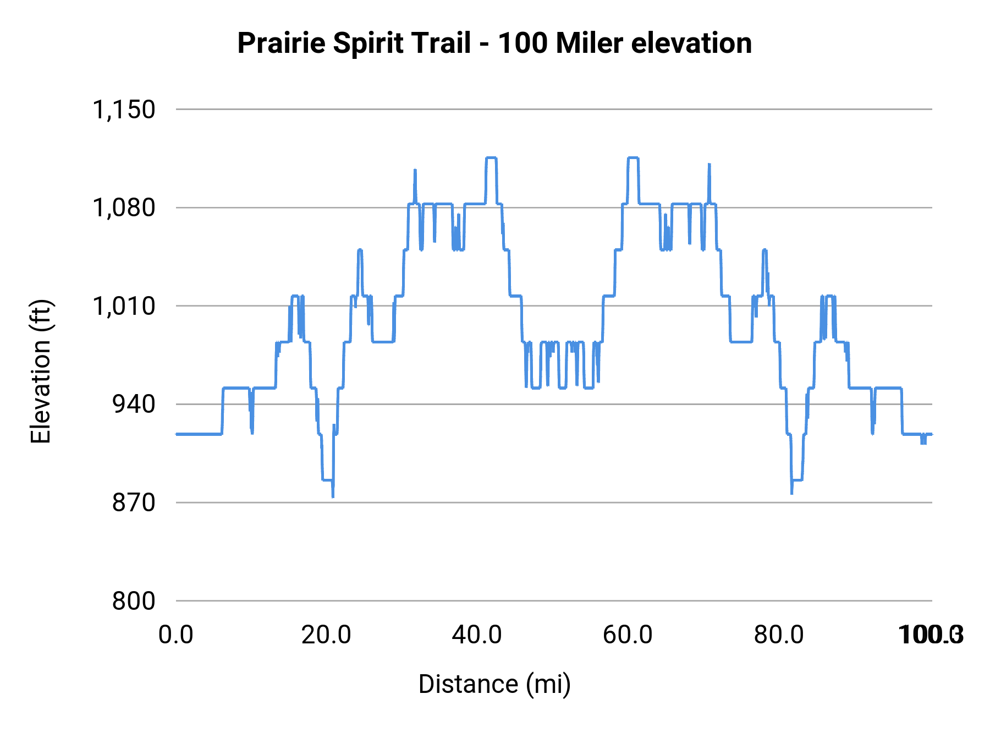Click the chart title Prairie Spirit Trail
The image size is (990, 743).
[x=354, y=43]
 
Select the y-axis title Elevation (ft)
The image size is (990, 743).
[x=40, y=371]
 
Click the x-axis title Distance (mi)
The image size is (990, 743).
[x=494, y=684]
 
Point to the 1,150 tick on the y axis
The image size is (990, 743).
[x=124, y=110]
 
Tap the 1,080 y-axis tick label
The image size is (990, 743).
[x=124, y=208]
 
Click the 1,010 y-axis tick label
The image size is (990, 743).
[x=124, y=306]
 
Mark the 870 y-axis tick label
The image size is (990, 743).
[x=134, y=502]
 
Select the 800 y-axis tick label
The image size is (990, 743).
[x=134, y=601]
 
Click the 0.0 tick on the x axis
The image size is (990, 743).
[x=176, y=635]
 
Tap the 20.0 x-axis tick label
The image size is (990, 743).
[x=326, y=635]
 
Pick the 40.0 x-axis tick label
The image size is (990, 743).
[x=477, y=635]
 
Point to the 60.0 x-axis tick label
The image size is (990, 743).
[x=628, y=635]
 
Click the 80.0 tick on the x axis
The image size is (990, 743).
[x=778, y=635]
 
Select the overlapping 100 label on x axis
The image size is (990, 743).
[x=930, y=635]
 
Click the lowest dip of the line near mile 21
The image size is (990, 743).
[x=333, y=496]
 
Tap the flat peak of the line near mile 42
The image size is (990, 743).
[x=491, y=158]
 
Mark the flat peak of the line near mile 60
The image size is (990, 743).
[x=632, y=158]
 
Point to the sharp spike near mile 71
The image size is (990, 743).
[x=710, y=165]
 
